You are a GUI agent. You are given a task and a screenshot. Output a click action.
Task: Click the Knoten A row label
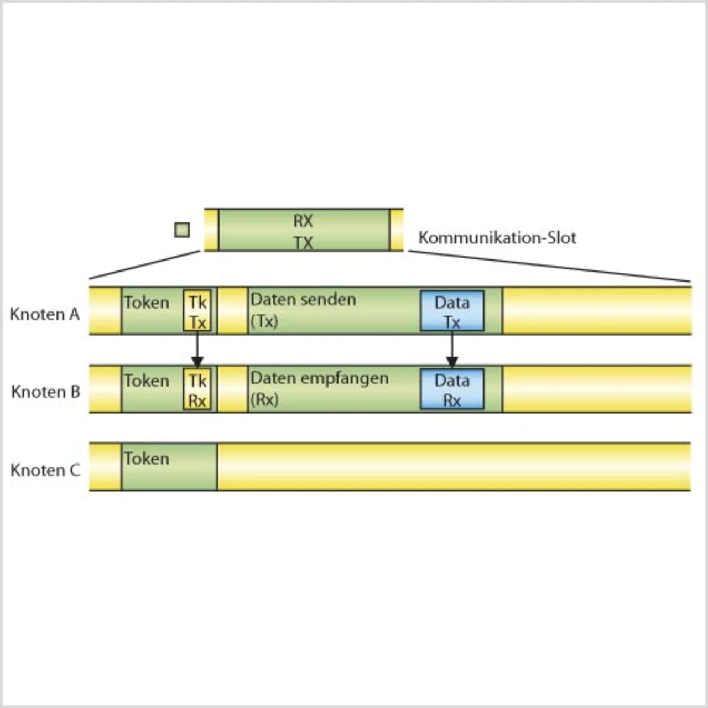pyautogui.click(x=45, y=314)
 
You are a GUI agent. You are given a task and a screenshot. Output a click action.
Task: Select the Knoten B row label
pyautogui.click(x=45, y=392)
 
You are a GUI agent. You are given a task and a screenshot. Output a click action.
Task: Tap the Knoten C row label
pyautogui.click(x=45, y=470)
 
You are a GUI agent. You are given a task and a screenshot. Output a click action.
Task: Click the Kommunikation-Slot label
pyautogui.click(x=497, y=238)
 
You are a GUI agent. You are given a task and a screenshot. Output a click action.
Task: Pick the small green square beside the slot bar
pyautogui.click(x=182, y=230)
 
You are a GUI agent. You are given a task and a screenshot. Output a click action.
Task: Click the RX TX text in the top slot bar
pyautogui.click(x=303, y=232)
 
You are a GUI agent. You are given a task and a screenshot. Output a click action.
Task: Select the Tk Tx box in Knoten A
pyautogui.click(x=197, y=311)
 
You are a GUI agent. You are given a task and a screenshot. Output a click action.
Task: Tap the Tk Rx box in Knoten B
pyautogui.click(x=197, y=389)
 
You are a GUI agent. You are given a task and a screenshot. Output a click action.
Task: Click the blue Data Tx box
pyautogui.click(x=452, y=311)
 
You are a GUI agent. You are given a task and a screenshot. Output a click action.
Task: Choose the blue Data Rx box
pyautogui.click(x=452, y=389)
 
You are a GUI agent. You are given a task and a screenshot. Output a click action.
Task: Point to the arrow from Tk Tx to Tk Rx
pyautogui.click(x=197, y=349)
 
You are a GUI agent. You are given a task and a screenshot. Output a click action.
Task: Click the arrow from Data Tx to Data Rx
pyautogui.click(x=452, y=349)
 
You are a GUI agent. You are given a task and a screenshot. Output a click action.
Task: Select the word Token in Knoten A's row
pyautogui.click(x=147, y=303)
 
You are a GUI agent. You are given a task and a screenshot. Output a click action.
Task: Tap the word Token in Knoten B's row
pyautogui.click(x=147, y=381)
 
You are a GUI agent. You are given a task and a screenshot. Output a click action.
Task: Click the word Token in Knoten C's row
pyautogui.click(x=147, y=459)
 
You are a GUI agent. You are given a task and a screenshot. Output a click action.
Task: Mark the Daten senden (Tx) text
pyautogui.click(x=303, y=310)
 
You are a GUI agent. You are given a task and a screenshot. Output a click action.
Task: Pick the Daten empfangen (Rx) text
pyautogui.click(x=319, y=388)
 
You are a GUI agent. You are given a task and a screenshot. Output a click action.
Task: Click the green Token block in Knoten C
pyautogui.click(x=169, y=475)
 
